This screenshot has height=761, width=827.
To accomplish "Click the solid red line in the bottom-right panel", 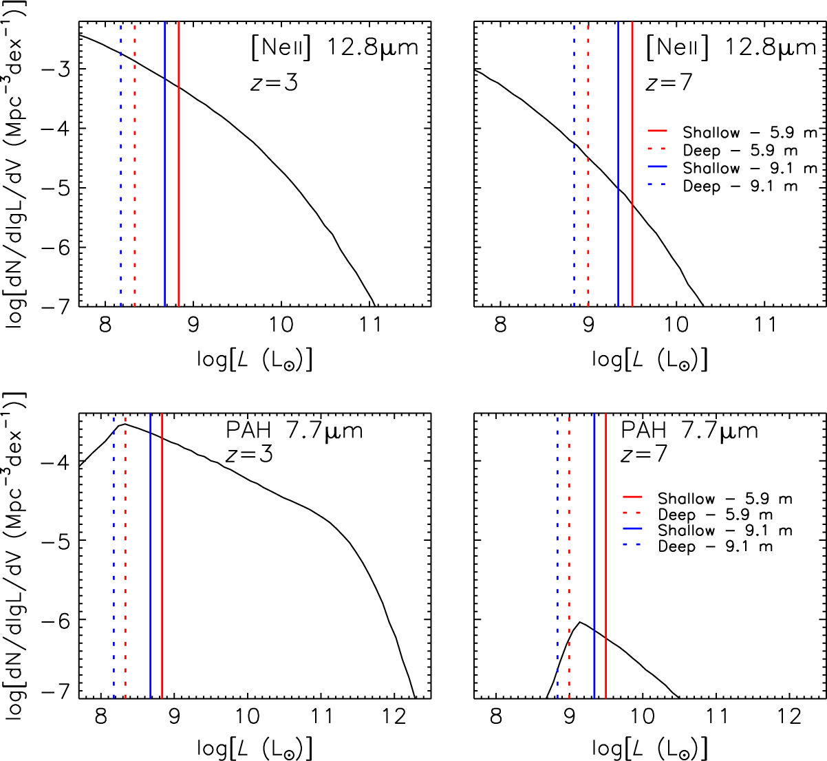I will tap(605, 550).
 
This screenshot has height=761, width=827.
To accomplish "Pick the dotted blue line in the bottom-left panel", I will tap(114, 550).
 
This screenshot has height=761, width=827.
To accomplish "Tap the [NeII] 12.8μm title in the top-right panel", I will tap(731, 48).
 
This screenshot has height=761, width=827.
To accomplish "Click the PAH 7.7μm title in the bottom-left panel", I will tap(294, 431).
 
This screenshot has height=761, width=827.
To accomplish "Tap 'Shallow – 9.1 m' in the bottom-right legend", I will tap(724, 530).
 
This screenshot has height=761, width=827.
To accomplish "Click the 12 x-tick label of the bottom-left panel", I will tap(395, 716).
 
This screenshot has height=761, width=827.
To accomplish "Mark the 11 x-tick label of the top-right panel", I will tap(765, 324).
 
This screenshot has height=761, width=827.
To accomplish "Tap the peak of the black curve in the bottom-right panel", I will tap(580, 622).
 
